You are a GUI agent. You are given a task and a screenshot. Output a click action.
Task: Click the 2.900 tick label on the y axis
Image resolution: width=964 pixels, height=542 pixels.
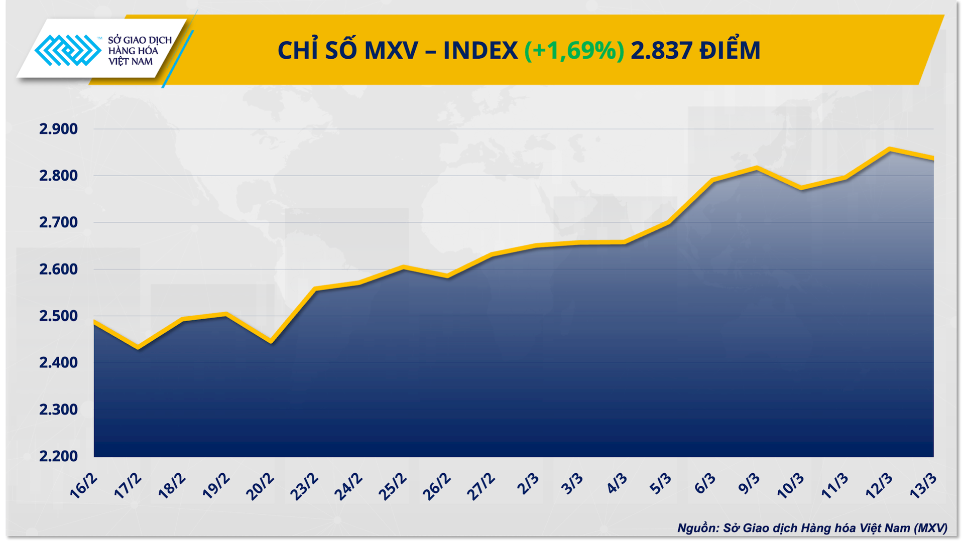click(59, 129)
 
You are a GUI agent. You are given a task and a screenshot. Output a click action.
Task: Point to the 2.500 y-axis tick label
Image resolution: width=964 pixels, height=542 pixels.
click(59, 316)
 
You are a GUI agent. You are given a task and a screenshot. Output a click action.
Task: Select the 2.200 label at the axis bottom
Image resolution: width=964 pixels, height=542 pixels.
click(59, 456)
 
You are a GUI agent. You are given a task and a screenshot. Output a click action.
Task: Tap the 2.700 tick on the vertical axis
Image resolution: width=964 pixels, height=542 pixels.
click(59, 222)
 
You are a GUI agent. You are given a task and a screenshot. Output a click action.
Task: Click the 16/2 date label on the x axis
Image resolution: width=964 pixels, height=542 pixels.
click(83, 486)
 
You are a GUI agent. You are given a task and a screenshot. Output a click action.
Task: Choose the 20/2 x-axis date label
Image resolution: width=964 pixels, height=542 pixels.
click(260, 486)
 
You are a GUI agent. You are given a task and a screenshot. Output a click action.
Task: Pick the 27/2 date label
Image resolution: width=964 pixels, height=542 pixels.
click(480, 486)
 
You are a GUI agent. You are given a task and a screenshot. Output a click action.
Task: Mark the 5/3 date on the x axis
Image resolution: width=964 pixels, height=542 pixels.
click(660, 484)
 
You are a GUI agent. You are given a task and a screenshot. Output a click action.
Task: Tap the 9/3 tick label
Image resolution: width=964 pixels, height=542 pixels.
click(749, 484)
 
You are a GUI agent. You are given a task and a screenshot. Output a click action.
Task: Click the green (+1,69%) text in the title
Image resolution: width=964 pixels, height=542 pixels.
click(574, 50)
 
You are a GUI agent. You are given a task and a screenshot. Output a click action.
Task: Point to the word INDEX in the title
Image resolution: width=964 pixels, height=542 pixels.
click(480, 50)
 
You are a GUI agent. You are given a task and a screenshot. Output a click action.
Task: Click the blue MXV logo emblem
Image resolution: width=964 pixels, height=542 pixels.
click(67, 50)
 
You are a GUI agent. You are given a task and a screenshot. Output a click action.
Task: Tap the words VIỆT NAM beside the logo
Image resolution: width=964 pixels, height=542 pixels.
click(131, 62)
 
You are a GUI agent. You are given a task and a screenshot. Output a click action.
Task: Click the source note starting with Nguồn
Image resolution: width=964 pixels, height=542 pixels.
click(812, 528)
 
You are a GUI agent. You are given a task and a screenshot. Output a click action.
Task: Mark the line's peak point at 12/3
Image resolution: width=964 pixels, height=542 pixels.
click(889, 149)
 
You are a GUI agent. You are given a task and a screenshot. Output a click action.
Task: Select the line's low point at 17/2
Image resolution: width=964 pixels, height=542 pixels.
click(138, 347)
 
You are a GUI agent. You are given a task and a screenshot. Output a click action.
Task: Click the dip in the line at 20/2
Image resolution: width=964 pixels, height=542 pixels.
click(271, 342)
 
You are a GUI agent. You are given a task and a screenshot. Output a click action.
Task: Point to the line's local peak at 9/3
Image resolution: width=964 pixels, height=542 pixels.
click(757, 168)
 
